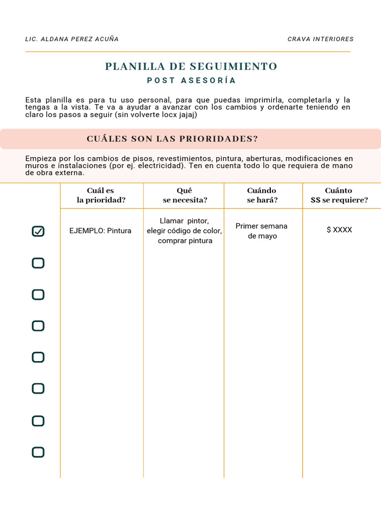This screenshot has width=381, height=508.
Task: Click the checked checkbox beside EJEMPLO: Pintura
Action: point(38,231)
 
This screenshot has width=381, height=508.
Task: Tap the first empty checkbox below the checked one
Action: point(38,263)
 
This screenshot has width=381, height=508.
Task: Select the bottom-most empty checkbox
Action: point(38,452)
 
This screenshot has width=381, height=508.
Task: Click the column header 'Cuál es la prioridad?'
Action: point(101,195)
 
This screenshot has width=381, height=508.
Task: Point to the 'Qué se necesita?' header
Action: point(185,195)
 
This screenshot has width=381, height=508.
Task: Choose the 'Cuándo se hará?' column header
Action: point(262,195)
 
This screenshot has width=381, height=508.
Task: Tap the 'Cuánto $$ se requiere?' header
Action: point(339,195)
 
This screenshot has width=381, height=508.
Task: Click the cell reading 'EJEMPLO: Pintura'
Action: point(100,231)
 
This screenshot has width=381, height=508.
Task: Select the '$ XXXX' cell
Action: point(339,230)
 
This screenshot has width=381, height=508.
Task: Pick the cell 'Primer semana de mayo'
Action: point(261,231)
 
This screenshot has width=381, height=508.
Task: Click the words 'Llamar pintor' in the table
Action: point(184,221)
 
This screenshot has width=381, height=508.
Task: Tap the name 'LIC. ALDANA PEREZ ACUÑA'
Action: point(72,39)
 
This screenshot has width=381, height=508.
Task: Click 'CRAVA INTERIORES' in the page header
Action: point(320,39)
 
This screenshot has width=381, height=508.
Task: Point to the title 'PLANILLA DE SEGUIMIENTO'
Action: point(191,66)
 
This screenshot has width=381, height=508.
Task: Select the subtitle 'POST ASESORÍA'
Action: point(191,80)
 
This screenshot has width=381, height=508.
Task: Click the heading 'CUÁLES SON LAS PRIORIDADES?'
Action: point(172,139)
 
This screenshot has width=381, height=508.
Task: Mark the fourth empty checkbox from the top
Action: point(38,357)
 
